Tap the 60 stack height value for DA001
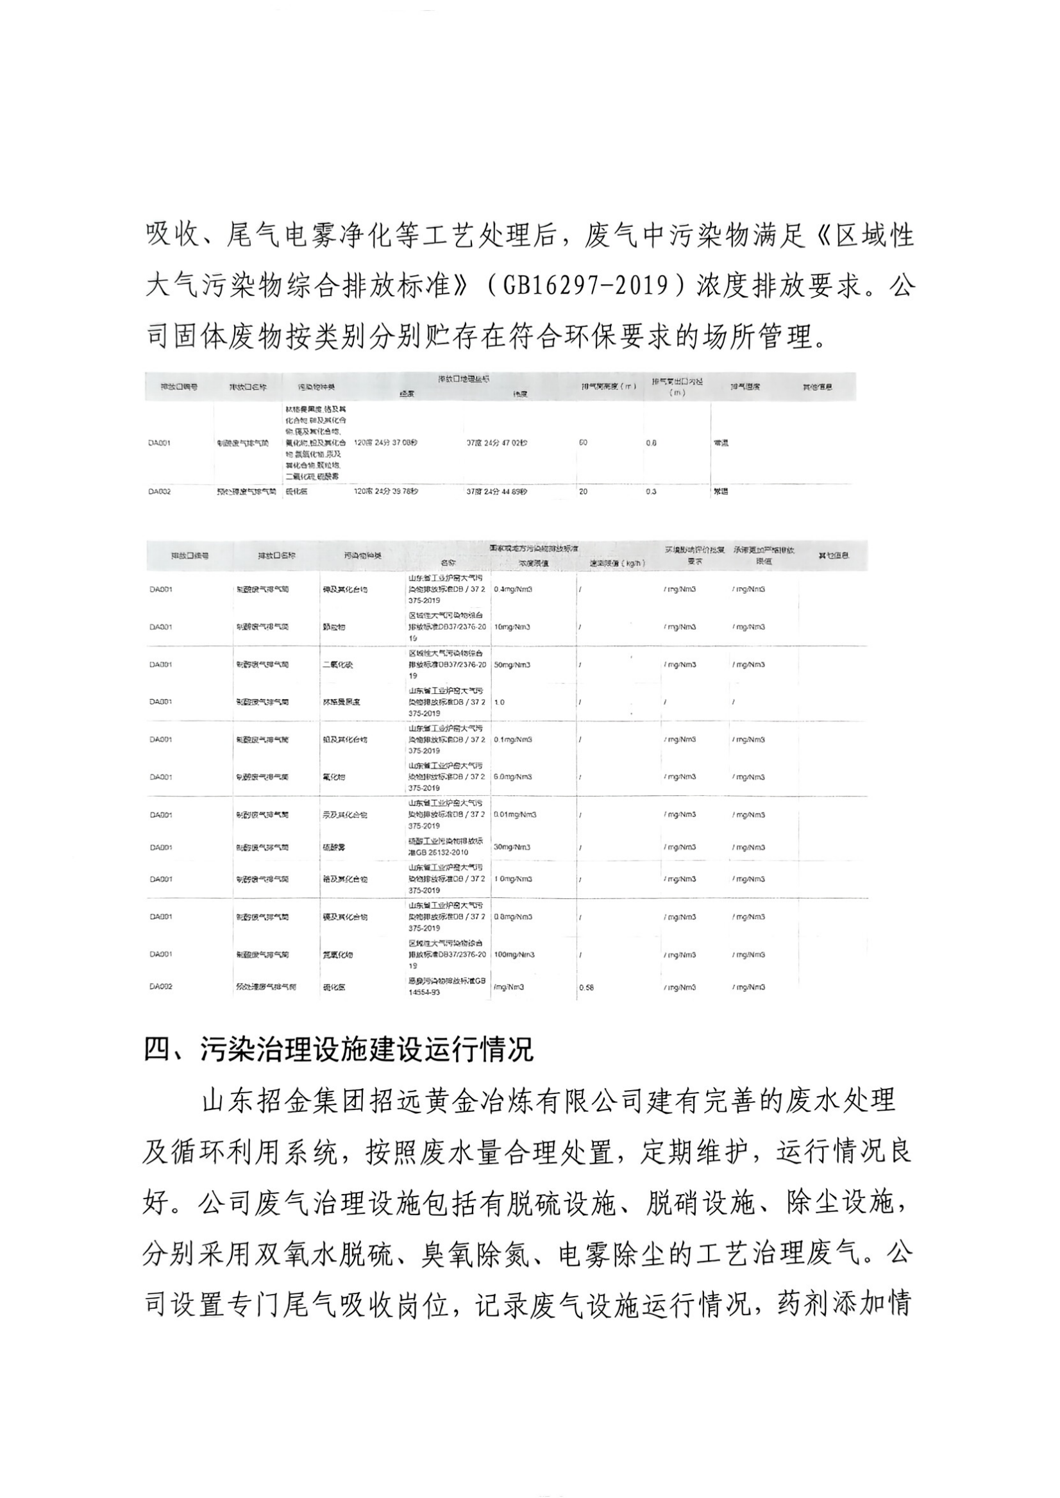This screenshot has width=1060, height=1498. coord(583,442)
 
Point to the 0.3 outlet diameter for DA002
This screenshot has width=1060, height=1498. coord(651,491)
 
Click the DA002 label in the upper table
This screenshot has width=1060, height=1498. coord(160,491)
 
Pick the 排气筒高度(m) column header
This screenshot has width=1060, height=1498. coord(609,387)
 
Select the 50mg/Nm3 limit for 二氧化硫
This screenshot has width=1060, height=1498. coord(512,664)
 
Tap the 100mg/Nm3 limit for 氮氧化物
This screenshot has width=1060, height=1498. coord(514,954)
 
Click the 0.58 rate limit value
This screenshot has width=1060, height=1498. coord(586,988)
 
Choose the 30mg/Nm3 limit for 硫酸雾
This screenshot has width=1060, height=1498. coord(512,847)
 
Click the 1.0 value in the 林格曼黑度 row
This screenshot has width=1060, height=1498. coord(500,702)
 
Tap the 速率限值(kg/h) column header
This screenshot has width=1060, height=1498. coord(618,563)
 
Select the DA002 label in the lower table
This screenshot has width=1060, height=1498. coord(160,987)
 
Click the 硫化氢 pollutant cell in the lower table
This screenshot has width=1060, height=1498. coord(333,988)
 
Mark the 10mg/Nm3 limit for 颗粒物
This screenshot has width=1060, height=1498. coord(512,627)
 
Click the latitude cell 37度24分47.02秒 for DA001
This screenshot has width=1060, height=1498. coord(497,442)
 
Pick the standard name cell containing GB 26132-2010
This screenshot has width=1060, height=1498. coord(446,847)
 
